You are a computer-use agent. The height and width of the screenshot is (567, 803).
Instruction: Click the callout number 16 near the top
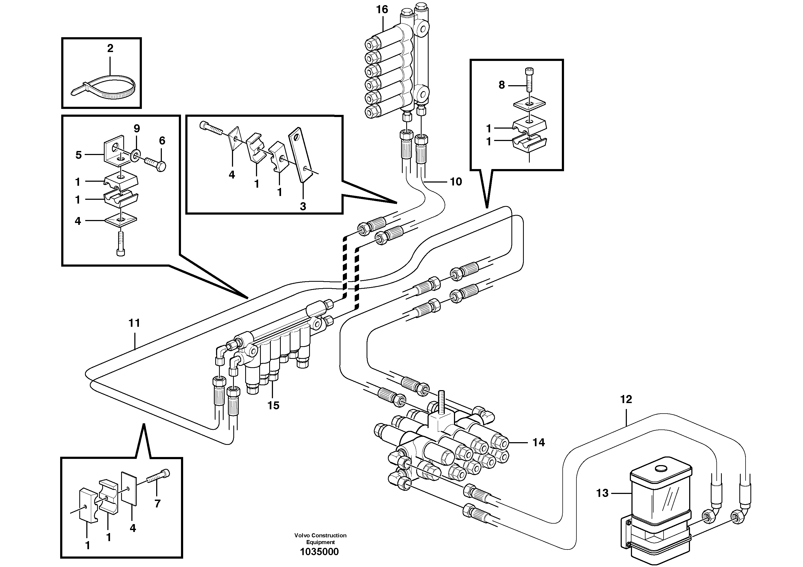(x=382, y=10)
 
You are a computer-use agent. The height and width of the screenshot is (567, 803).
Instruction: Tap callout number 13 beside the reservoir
(x=602, y=493)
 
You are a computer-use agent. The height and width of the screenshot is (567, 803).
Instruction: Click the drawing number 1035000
(x=319, y=552)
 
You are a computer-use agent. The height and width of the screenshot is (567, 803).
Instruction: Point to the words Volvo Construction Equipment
(x=320, y=539)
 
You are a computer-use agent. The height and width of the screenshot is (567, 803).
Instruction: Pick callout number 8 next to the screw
(x=501, y=85)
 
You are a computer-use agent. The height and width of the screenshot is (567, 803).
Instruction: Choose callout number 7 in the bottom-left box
(x=157, y=504)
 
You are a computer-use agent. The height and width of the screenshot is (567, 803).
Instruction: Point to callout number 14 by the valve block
(x=539, y=442)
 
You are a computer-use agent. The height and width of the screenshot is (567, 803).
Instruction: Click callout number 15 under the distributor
(x=274, y=406)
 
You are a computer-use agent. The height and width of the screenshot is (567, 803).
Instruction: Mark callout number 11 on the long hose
(x=134, y=323)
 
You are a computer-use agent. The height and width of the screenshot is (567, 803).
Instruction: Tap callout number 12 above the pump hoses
(x=626, y=399)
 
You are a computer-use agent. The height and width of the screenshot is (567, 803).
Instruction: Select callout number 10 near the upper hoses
(x=456, y=182)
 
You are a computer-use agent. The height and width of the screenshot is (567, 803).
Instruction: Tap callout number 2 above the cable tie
(x=110, y=48)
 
